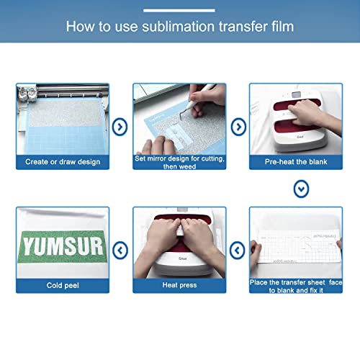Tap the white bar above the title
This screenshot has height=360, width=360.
[x=179, y=10]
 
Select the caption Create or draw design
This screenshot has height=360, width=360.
[x=63, y=162]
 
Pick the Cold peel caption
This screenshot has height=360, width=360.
[x=63, y=285]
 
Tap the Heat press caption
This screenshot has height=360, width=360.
[x=181, y=285]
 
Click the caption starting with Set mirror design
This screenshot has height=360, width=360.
[x=181, y=161]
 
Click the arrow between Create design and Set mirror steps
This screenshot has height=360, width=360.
[x=121, y=127]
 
